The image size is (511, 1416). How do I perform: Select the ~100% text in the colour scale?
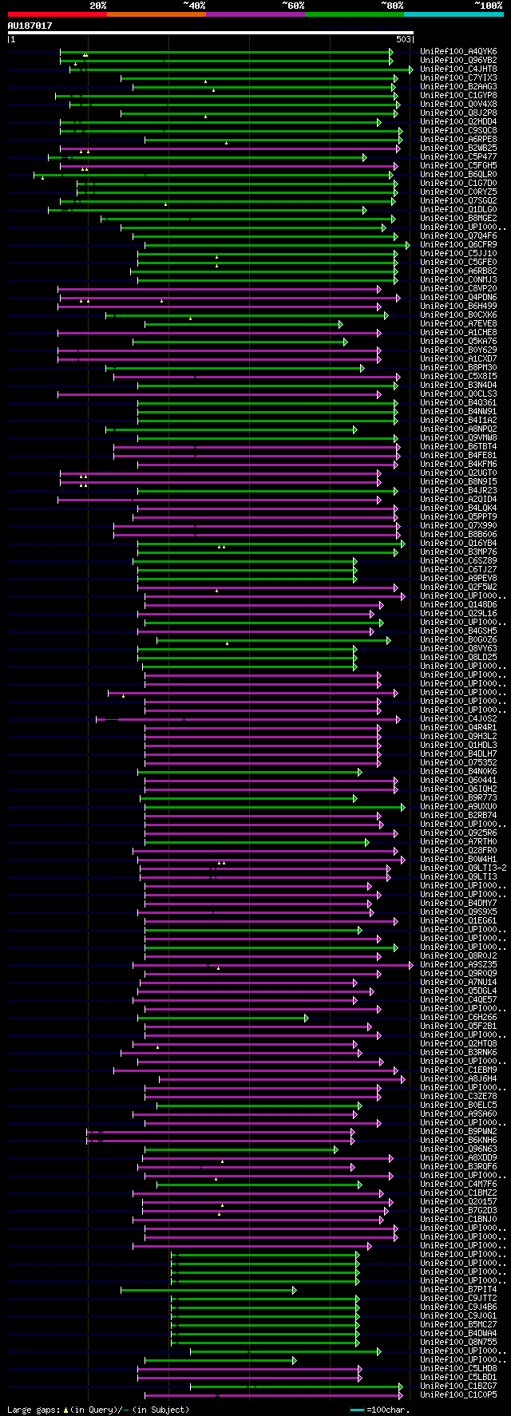(x=488, y=6)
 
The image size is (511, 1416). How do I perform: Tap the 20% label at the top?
(x=98, y=6)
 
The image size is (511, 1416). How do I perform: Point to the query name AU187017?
(x=30, y=26)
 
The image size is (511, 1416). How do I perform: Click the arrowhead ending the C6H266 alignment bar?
(x=306, y=1018)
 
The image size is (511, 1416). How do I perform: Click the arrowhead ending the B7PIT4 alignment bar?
(x=294, y=1290)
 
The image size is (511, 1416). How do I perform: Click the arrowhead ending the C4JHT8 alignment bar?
(x=411, y=69)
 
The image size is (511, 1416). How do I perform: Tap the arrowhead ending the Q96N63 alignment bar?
(x=335, y=1149)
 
